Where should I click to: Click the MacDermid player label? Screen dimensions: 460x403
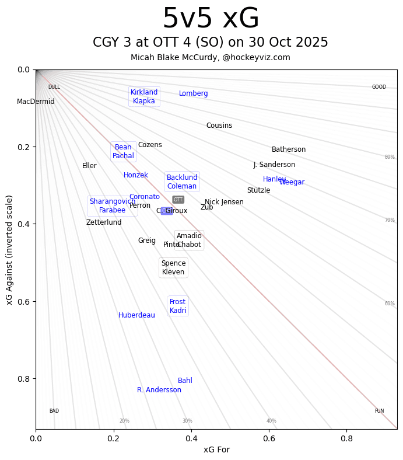coord(36,102)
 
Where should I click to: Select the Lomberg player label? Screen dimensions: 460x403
coord(193,94)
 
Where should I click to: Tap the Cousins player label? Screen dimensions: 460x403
coord(219,126)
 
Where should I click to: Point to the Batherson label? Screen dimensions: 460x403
coord(288,150)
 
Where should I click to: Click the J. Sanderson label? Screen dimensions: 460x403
coord(274,165)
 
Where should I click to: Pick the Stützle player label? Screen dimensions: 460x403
coord(258,190)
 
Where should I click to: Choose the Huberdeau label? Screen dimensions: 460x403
coord(136,315)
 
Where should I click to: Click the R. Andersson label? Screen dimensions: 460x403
coord(159,390)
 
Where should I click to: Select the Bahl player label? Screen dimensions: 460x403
coord(185,381)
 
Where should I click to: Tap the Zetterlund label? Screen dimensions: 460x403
coord(104,222)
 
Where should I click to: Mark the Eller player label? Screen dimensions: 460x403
coord(89,166)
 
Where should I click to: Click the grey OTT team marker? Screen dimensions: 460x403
coord(178,200)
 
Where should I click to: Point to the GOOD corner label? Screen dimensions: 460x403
coord(379,88)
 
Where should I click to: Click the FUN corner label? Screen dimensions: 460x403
coord(379,411)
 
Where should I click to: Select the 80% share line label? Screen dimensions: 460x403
coord(390,157)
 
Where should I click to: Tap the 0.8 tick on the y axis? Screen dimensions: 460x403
coord(23,379)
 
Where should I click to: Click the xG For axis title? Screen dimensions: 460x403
coord(216,449)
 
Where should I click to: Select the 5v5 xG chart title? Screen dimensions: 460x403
coord(211,19)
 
